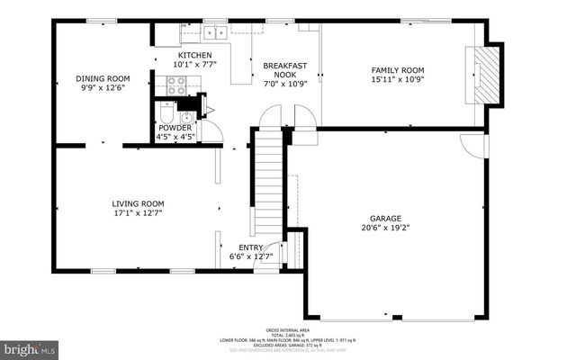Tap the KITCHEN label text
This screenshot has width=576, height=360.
coord(194,55)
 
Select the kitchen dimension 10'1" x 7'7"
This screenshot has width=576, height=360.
coord(194,65)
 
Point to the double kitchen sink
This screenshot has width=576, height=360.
coord(214,33)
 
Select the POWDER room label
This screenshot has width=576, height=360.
coord(175,128)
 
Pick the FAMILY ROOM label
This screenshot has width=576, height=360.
coord(398,69)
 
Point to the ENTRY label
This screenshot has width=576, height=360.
coord(250,247)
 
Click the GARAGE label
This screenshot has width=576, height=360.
coord(385,218)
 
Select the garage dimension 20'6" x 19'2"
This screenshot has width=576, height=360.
coord(385,229)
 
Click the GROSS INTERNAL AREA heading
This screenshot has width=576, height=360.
coord(288,329)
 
